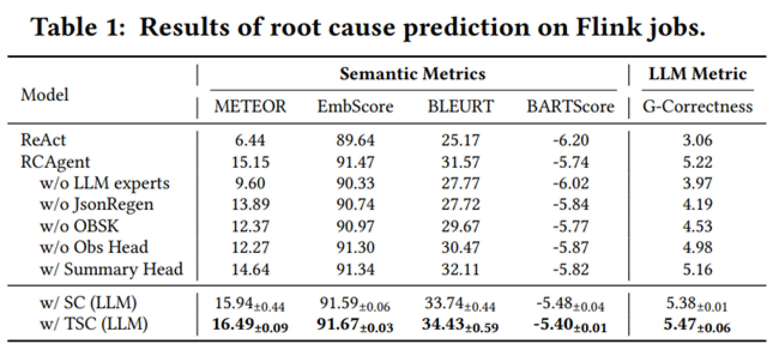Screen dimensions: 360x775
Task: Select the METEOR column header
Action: [x=250, y=107]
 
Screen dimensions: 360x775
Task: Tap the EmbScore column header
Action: [x=355, y=107]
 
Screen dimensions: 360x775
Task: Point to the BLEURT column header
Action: [x=461, y=107]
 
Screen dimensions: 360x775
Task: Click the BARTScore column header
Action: [x=570, y=107]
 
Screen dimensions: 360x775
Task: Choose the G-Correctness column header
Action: [x=697, y=107]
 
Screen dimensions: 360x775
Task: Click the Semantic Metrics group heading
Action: [x=412, y=74]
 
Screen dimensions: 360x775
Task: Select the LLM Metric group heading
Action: [x=697, y=74]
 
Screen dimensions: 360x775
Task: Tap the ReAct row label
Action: [x=43, y=140]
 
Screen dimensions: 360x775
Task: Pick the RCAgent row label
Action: [x=55, y=162]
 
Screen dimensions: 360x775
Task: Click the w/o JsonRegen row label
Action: [x=96, y=205]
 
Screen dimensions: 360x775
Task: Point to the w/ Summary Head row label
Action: [x=111, y=269]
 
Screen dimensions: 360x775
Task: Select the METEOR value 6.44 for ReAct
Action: [x=250, y=140]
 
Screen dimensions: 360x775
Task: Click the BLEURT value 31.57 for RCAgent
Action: [x=460, y=162]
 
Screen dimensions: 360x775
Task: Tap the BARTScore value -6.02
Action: [x=570, y=183]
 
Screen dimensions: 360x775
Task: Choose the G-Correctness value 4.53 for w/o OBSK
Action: [x=697, y=226]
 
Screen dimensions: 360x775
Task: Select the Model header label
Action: [x=44, y=95]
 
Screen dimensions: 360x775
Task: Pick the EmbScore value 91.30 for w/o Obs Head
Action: [x=355, y=247]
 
